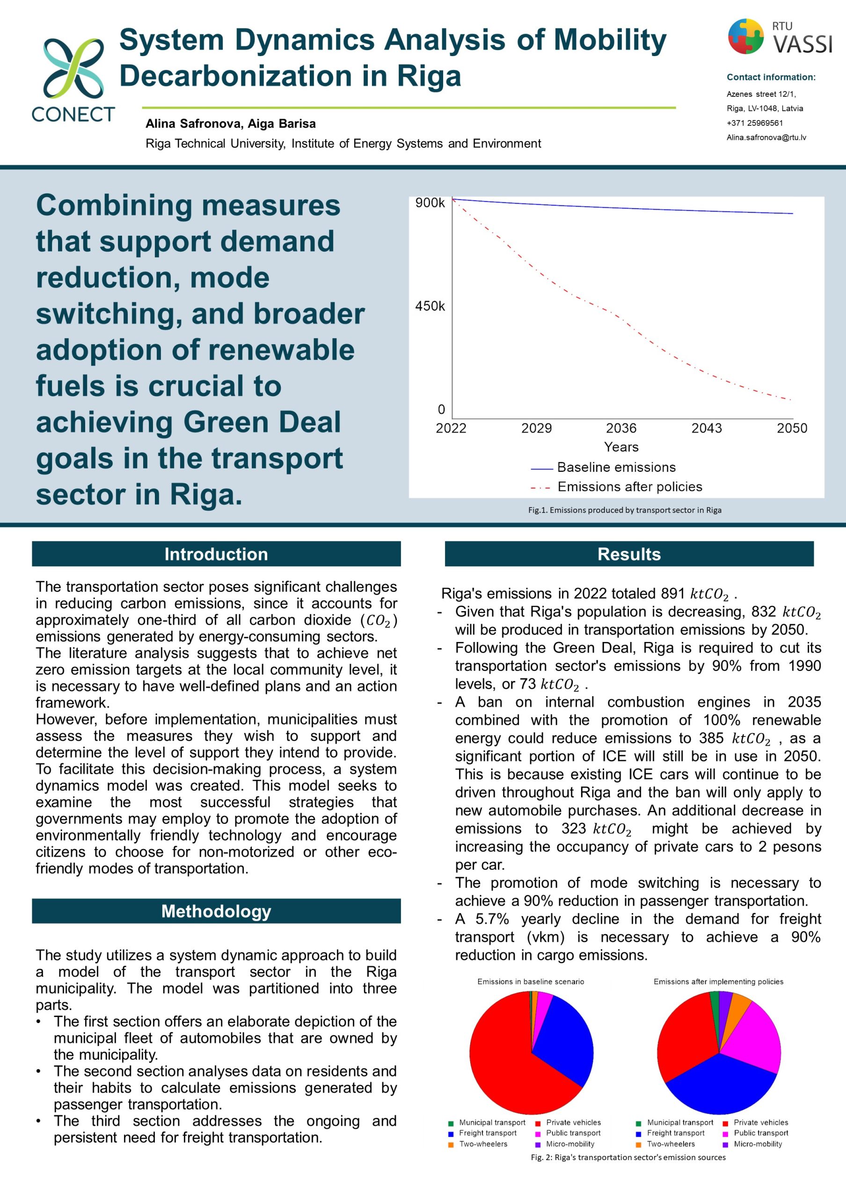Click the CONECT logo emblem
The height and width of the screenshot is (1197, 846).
click(73, 67)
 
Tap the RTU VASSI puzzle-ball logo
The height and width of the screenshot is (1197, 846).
click(746, 36)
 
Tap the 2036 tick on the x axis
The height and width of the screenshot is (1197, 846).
click(621, 428)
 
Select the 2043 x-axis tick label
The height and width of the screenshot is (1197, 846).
click(707, 428)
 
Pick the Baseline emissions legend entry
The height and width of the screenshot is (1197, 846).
click(616, 467)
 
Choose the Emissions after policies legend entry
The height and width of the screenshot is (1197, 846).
click(629, 486)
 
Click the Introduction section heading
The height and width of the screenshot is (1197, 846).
click(216, 554)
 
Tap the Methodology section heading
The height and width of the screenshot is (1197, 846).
click(216, 911)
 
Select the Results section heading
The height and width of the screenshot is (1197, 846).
click(629, 554)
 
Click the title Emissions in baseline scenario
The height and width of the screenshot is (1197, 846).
click(531, 982)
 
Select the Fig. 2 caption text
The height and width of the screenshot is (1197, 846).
click(628, 1157)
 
